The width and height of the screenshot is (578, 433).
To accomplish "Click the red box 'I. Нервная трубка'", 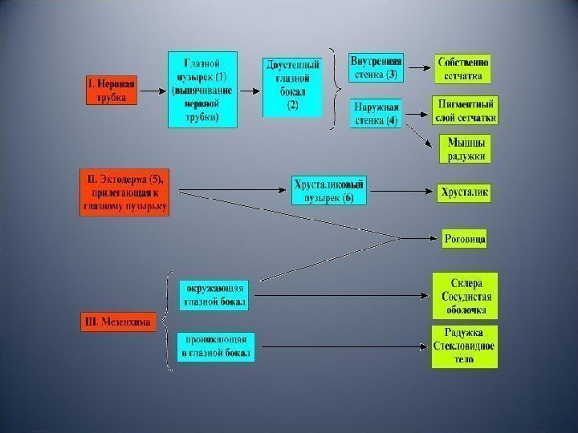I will pyautogui.click(x=112, y=90).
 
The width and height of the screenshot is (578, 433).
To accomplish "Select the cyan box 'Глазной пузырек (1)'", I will pyautogui.click(x=201, y=89).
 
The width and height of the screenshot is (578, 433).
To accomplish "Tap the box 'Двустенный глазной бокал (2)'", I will pyautogui.click(x=292, y=88).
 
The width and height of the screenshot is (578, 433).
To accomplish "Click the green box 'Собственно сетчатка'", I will pyautogui.click(x=462, y=69).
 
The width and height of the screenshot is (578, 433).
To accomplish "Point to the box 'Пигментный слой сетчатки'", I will pyautogui.click(x=465, y=111).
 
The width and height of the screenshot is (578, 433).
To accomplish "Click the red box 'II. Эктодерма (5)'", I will pyautogui.click(x=124, y=192).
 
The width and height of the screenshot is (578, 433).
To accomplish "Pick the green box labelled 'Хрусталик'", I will pyautogui.click(x=463, y=192).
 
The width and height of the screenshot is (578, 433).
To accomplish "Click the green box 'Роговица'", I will pyautogui.click(x=465, y=238).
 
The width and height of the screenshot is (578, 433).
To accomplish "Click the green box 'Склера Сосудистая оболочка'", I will pyautogui.click(x=465, y=296).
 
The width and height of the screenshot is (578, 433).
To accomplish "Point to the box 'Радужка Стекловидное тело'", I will pyautogui.click(x=465, y=346).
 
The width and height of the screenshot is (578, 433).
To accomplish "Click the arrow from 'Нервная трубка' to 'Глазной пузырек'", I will pyautogui.click(x=153, y=90).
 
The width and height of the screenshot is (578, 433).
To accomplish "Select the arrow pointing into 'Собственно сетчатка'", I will pyautogui.click(x=417, y=69).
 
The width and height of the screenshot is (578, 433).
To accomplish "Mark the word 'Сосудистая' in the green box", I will pyautogui.click(x=465, y=297).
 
